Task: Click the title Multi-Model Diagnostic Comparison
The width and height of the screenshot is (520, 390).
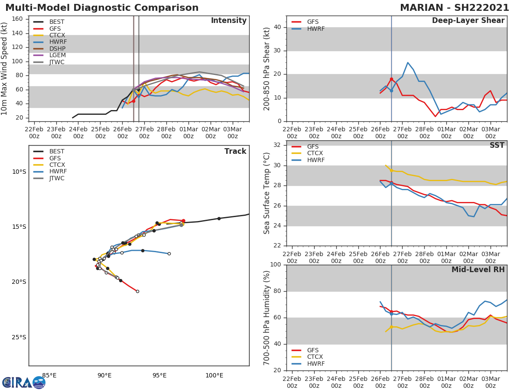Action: (102, 8)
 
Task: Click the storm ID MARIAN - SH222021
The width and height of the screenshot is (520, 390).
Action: (454, 8)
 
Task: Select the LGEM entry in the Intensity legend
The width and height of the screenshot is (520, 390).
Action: (57, 55)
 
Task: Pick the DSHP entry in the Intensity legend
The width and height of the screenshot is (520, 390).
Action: (57, 49)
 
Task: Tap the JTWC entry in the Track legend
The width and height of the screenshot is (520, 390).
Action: (57, 178)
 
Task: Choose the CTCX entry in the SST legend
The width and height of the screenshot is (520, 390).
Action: (315, 153)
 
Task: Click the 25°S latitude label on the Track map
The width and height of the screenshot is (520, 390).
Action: (19, 337)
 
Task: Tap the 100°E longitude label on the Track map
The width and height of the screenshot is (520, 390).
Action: (214, 375)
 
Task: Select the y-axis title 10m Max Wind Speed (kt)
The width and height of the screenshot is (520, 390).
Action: (5, 69)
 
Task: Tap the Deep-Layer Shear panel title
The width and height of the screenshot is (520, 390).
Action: (468, 21)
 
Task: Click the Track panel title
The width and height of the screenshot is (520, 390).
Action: (235, 151)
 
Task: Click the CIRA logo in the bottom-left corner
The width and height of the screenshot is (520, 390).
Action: (24, 382)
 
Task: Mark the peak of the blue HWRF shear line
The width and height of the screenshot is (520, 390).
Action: (408, 62)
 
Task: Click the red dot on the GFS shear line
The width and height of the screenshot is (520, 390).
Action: (391, 79)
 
